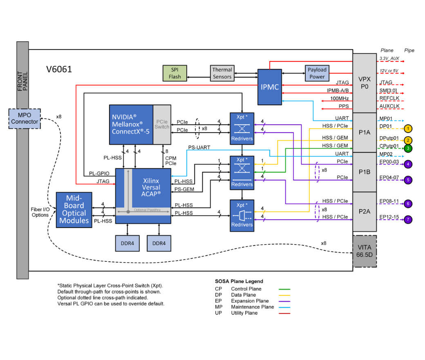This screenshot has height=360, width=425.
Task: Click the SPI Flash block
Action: pos(174,73)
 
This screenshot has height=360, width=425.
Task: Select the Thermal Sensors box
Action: pos(222,73)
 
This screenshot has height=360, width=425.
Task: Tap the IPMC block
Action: pos(269,87)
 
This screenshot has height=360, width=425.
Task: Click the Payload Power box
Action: pos(317,73)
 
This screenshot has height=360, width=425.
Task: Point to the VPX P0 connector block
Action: pos(364,83)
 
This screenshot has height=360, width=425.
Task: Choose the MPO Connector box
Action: pos(25,118)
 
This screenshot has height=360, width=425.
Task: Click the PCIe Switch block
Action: pos(162,124)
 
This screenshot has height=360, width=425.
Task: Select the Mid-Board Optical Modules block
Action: pos(74,209)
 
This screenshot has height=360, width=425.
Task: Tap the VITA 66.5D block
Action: pos(364,251)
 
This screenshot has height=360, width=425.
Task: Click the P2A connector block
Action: pos(364,211)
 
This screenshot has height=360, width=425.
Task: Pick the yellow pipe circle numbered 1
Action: pos(408,128)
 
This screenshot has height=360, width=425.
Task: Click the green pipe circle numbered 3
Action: pos(408,148)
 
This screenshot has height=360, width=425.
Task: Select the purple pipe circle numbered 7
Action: pos(408,219)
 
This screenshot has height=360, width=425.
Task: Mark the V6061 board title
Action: pos(59,70)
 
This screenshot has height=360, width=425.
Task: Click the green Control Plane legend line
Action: pos(284,289)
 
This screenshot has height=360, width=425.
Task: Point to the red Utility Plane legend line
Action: pos(284,313)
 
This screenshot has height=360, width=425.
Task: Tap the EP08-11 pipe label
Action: pos(389,201)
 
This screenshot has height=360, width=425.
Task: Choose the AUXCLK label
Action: pos(389,107)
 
